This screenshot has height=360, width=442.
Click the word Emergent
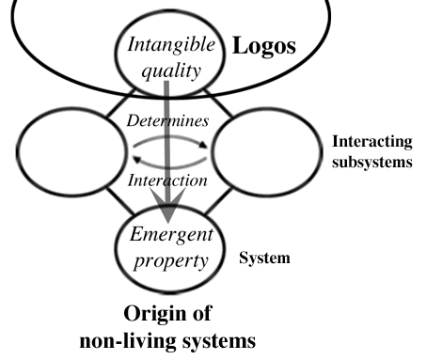[x=172, y=232]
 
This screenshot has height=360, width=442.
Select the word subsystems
[x=371, y=162]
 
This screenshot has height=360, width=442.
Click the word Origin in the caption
[x=161, y=314]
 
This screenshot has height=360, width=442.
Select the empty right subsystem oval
[x=263, y=152]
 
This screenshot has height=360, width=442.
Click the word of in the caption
[x=208, y=314]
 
